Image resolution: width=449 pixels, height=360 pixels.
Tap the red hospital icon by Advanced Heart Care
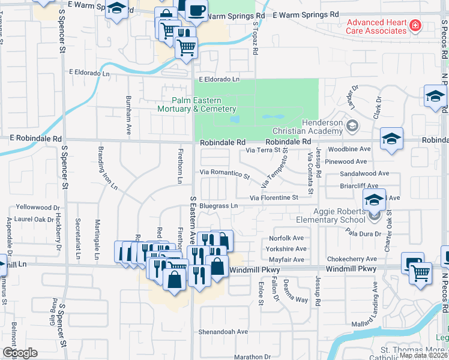point(414,25)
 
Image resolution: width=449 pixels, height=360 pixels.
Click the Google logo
point(20,353)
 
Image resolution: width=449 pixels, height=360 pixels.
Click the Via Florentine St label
point(274,197)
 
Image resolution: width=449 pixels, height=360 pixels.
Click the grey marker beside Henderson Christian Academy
point(352,125)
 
